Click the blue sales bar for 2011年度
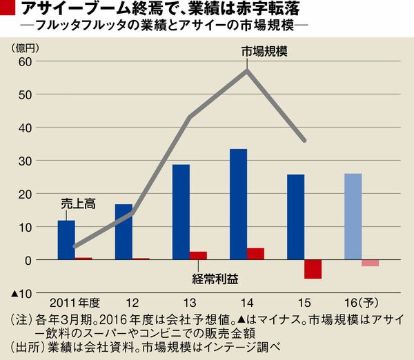point(66,240)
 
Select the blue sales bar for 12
point(124,232)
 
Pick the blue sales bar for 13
point(181,212)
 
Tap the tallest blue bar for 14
point(238,204)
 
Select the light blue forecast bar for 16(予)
point(353,217)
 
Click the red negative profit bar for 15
point(313,269)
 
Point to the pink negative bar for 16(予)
point(370,263)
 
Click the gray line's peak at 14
point(247,70)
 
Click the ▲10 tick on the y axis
point(21,294)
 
